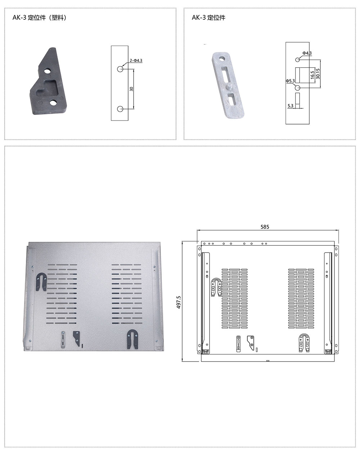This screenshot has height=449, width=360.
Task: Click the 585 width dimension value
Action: tap(265, 227)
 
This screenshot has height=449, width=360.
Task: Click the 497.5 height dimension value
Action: tap(179, 302)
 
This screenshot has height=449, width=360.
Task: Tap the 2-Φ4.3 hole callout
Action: tap(136, 60)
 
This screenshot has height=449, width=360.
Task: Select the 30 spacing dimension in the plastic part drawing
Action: tap(131, 89)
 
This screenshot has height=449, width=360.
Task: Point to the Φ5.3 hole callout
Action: tap(290, 81)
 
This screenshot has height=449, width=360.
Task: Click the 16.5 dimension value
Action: tap(312, 75)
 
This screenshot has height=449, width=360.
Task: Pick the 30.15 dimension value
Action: tap(318, 74)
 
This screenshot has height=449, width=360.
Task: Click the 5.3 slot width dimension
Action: tap(290, 106)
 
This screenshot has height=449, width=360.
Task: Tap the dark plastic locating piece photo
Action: tap(48, 81)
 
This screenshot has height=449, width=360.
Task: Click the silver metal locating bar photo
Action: tap(228, 85)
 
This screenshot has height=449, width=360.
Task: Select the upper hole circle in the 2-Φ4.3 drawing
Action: tap(120, 69)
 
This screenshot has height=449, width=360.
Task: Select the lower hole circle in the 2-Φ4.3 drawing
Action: tap(120, 109)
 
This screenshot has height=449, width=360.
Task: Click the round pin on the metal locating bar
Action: tap(230, 86)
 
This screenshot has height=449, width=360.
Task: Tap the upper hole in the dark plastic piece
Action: tap(47, 71)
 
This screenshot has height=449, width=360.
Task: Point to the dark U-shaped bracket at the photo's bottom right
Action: tap(132, 339)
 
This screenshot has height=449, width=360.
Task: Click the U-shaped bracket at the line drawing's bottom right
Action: tap(304, 343)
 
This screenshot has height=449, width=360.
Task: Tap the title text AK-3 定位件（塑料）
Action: tap(40, 18)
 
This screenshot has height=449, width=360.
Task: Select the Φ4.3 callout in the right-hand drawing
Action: tap(307, 53)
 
